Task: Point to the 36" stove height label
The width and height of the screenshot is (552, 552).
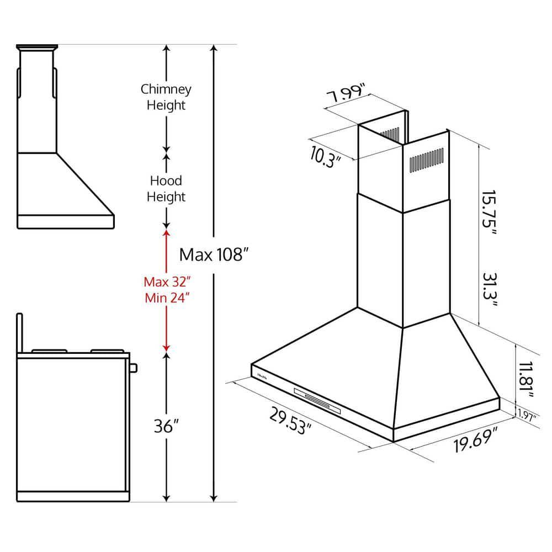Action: click(166, 427)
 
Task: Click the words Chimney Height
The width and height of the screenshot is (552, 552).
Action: click(166, 97)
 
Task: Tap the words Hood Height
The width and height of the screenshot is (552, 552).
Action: click(166, 188)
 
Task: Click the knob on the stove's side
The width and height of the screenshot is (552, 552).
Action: click(133, 367)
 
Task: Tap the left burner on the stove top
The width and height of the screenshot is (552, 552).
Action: click(49, 351)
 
